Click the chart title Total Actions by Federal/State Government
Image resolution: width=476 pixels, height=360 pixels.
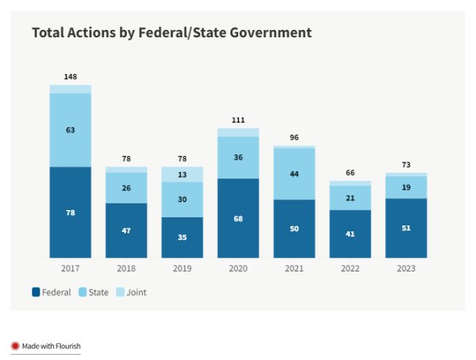(x=171, y=33)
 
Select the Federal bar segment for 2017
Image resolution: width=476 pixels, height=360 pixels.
(x=70, y=212)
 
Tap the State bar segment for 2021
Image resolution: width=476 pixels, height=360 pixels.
(x=294, y=174)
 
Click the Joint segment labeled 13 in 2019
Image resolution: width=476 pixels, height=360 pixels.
(x=182, y=174)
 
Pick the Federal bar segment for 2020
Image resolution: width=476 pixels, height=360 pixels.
(x=238, y=218)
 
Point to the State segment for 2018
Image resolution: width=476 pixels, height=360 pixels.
(x=126, y=188)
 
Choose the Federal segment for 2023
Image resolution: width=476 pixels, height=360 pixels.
(x=406, y=228)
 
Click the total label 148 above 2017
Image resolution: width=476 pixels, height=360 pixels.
(x=70, y=77)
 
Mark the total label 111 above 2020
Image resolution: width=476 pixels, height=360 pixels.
(x=238, y=120)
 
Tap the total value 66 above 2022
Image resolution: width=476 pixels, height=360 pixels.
(x=350, y=173)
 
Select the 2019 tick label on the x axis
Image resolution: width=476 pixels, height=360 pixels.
(x=182, y=269)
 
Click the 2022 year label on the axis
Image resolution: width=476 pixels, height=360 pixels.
(x=350, y=269)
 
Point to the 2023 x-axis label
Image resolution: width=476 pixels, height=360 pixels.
(x=406, y=269)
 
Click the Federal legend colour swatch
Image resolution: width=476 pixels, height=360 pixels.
(x=36, y=293)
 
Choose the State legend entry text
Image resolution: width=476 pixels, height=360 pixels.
(x=98, y=293)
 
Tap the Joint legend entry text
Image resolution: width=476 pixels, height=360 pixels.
(x=136, y=293)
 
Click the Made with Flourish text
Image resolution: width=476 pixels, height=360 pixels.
(x=51, y=345)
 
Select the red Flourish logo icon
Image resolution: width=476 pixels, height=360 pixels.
(x=15, y=345)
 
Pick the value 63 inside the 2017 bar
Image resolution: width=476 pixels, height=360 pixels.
(x=70, y=130)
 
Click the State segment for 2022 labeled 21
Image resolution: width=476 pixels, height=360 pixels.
(x=350, y=198)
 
